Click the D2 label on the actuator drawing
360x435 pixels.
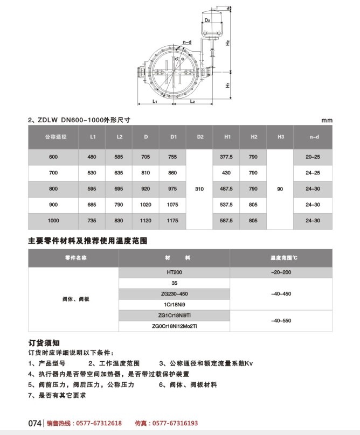pos(207,20)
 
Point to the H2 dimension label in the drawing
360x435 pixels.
pos(228,42)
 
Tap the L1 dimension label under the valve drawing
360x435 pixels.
pos(154,101)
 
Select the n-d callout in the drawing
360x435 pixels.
pos(187,41)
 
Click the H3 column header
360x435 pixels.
pos(280,137)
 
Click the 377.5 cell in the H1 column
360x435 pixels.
pos(227,157)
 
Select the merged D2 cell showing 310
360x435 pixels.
pos(200,189)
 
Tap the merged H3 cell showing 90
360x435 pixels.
pos(280,189)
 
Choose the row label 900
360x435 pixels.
pos(53,205)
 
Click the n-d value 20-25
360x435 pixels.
pos(313,157)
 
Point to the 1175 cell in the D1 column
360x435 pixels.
pos(172,221)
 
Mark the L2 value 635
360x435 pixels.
pos(119,173)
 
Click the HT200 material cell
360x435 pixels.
pos(175,273)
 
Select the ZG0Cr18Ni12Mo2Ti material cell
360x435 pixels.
pos(175,325)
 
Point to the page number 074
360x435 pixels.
pos(34,423)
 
